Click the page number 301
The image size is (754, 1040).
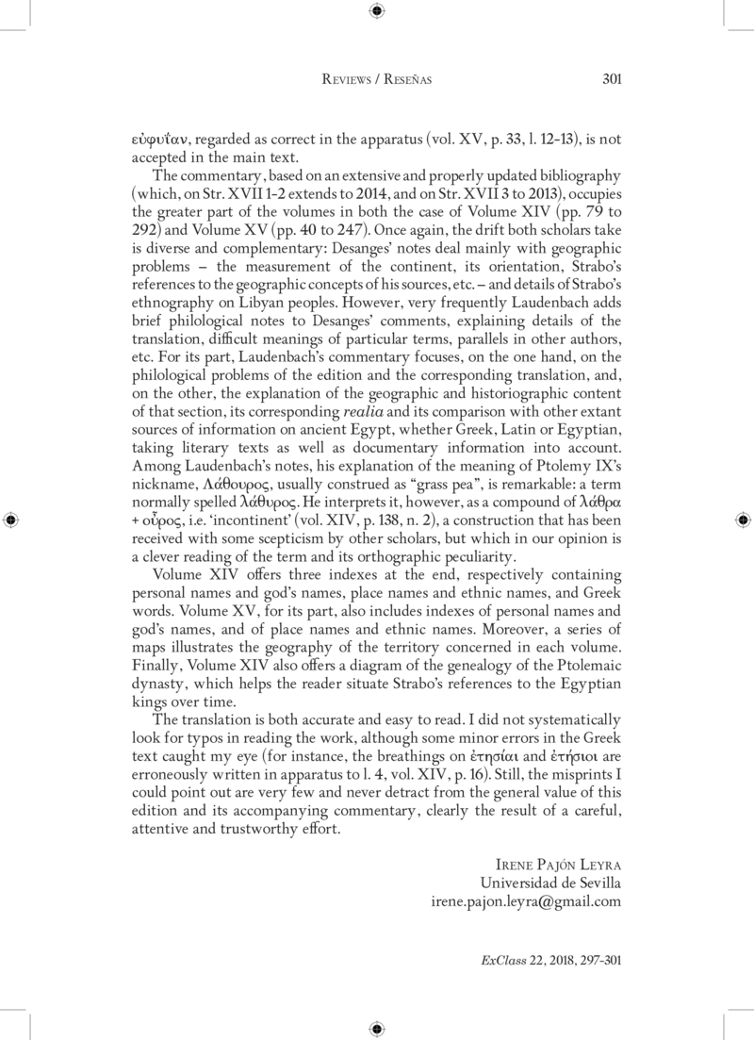click(x=611, y=79)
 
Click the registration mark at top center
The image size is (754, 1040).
click(x=377, y=11)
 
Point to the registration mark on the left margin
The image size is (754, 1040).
click(x=11, y=520)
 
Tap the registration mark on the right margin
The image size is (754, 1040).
click(x=742, y=520)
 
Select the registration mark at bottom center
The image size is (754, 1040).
click(x=377, y=1028)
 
